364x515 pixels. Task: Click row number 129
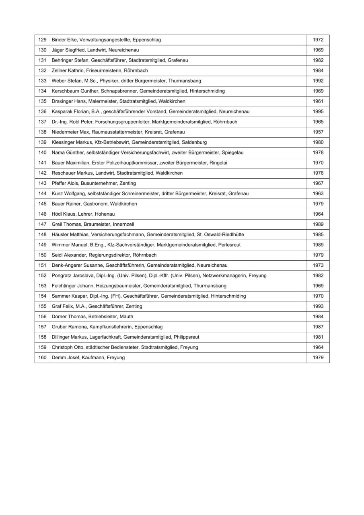[x=42, y=40]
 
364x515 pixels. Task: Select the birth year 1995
[x=318, y=111]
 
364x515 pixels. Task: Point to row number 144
[x=42, y=194]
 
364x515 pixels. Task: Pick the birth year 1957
[x=318, y=132]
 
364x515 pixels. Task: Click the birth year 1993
[x=318, y=306]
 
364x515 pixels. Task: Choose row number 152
[x=42, y=276]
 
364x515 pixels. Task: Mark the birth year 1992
[x=318, y=81]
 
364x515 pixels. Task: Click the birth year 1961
[x=318, y=101]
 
